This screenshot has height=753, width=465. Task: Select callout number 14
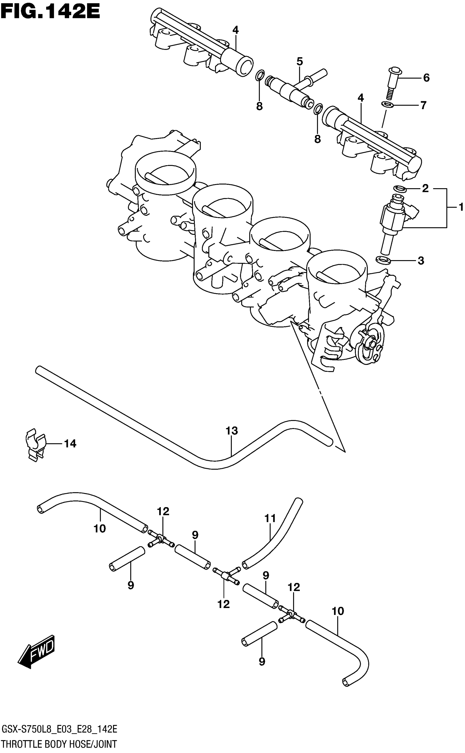point(70,444)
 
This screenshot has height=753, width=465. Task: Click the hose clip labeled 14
point(34,444)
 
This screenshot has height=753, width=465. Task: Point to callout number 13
point(232,431)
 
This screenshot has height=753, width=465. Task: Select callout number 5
point(300,62)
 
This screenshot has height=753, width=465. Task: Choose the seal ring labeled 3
point(383,260)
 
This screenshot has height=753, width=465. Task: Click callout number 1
point(461,208)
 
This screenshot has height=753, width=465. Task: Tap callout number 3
point(421,261)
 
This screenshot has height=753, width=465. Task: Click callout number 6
point(426,78)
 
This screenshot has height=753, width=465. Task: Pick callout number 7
point(423,106)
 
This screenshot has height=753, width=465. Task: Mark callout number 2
point(425,188)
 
